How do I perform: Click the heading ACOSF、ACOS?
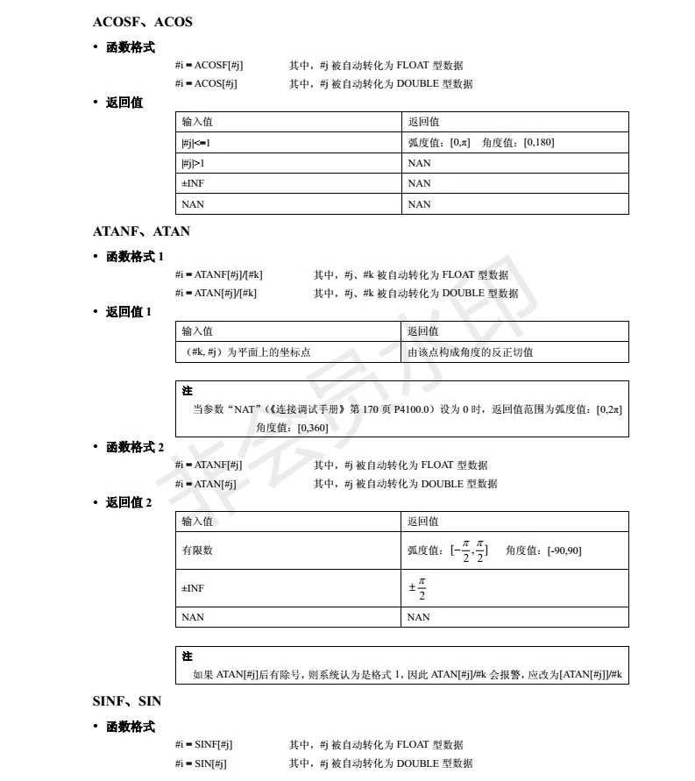tap(142, 22)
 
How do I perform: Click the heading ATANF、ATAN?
tap(141, 232)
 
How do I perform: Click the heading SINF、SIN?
tap(127, 702)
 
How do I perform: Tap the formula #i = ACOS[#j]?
tap(206, 84)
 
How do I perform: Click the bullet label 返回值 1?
tap(129, 311)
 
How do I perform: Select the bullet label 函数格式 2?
tap(135, 447)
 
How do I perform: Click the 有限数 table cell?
tap(197, 550)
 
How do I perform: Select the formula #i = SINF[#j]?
tap(203, 745)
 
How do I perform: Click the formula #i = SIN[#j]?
tap(201, 763)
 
